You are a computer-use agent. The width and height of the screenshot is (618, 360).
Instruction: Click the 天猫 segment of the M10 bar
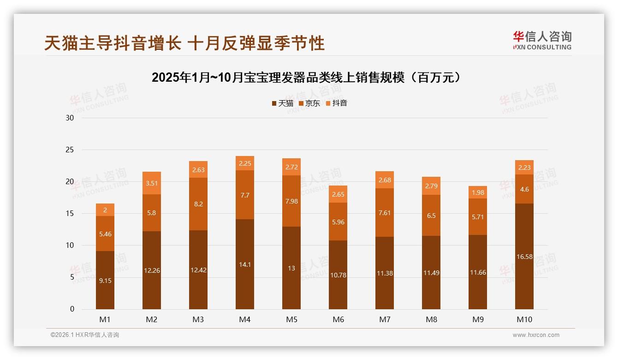[524, 256]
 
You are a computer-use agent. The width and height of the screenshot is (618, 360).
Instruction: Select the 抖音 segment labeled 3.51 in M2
[151, 183]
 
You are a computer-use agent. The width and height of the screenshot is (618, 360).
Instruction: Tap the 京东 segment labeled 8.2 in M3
[198, 204]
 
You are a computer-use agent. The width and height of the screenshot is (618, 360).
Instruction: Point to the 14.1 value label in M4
[244, 265]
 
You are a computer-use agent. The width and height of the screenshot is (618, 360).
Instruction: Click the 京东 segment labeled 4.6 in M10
[524, 189]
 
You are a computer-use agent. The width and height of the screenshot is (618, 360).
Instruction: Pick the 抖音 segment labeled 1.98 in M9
[477, 192]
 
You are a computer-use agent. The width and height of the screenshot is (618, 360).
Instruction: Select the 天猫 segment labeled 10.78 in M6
[338, 275]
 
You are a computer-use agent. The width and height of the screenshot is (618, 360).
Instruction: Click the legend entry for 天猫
[282, 103]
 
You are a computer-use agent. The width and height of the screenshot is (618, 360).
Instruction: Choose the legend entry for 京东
[309, 103]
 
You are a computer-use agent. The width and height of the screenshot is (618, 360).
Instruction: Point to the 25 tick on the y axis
[70, 150]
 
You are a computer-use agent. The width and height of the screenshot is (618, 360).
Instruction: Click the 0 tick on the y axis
[72, 309]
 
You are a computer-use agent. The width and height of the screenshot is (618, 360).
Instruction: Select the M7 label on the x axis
[385, 319]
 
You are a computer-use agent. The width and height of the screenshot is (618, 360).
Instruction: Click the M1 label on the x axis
[105, 319]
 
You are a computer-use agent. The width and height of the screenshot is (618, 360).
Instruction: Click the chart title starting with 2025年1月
[306, 78]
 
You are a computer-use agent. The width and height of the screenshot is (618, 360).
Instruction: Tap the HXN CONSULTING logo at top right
[542, 41]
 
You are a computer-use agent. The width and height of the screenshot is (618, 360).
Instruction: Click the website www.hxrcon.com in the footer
[536, 335]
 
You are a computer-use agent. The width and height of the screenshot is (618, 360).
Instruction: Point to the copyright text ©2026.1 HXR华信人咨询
[85, 335]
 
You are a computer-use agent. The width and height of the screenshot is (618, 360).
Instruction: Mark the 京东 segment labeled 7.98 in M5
[291, 201]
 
